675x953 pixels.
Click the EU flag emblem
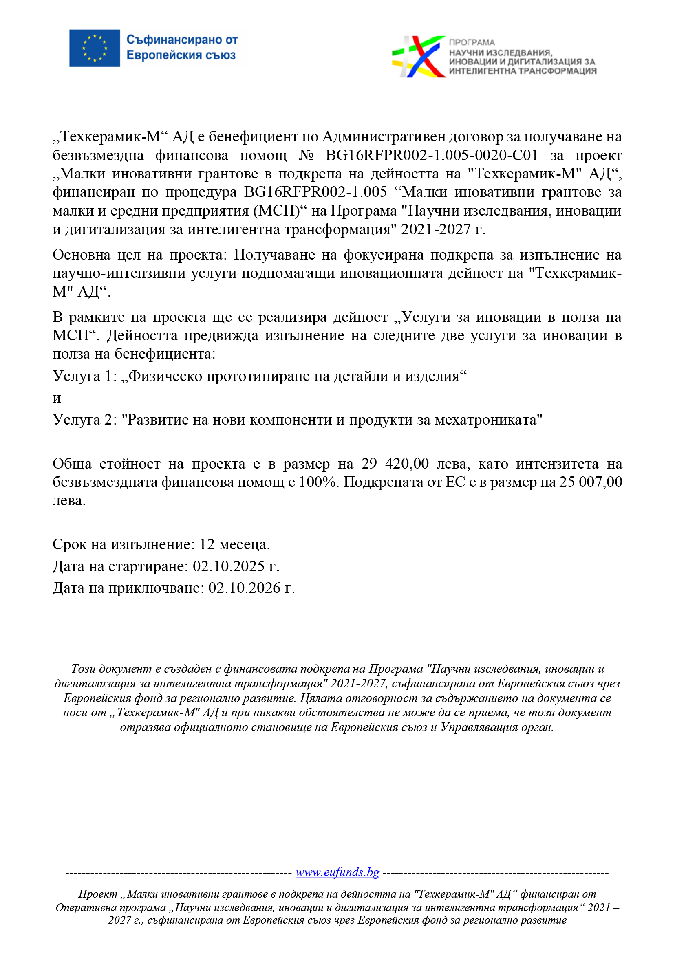(95, 48)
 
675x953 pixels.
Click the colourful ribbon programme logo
(418, 57)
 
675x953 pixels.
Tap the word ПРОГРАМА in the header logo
(472, 42)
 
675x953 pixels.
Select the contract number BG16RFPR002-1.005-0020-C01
(431, 155)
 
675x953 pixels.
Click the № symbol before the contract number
(307, 155)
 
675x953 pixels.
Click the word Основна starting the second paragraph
(82, 255)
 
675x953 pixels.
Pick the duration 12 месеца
(234, 544)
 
